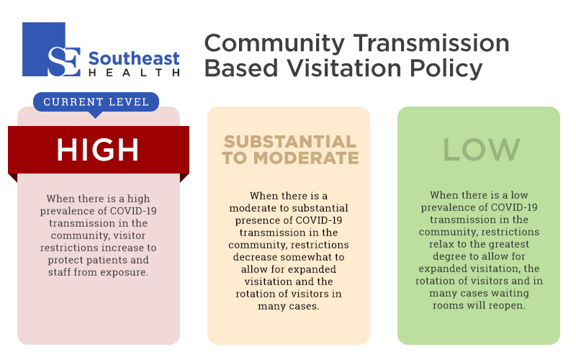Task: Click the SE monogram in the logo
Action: pyautogui.click(x=64, y=61)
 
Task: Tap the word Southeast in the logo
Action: pyautogui.click(x=134, y=58)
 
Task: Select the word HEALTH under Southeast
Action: pyautogui.click(x=134, y=73)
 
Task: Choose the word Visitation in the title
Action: pyautogui.click(x=344, y=68)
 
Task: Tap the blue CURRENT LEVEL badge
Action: pyautogui.click(x=96, y=102)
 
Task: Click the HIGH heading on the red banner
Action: pyautogui.click(x=98, y=150)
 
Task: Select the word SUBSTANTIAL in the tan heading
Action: pyautogui.click(x=290, y=142)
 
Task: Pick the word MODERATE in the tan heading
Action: pyautogui.click(x=306, y=158)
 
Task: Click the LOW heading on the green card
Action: pyautogui.click(x=482, y=150)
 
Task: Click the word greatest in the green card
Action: pyautogui.click(x=507, y=244)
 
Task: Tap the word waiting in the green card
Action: pyautogui.click(x=510, y=293)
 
